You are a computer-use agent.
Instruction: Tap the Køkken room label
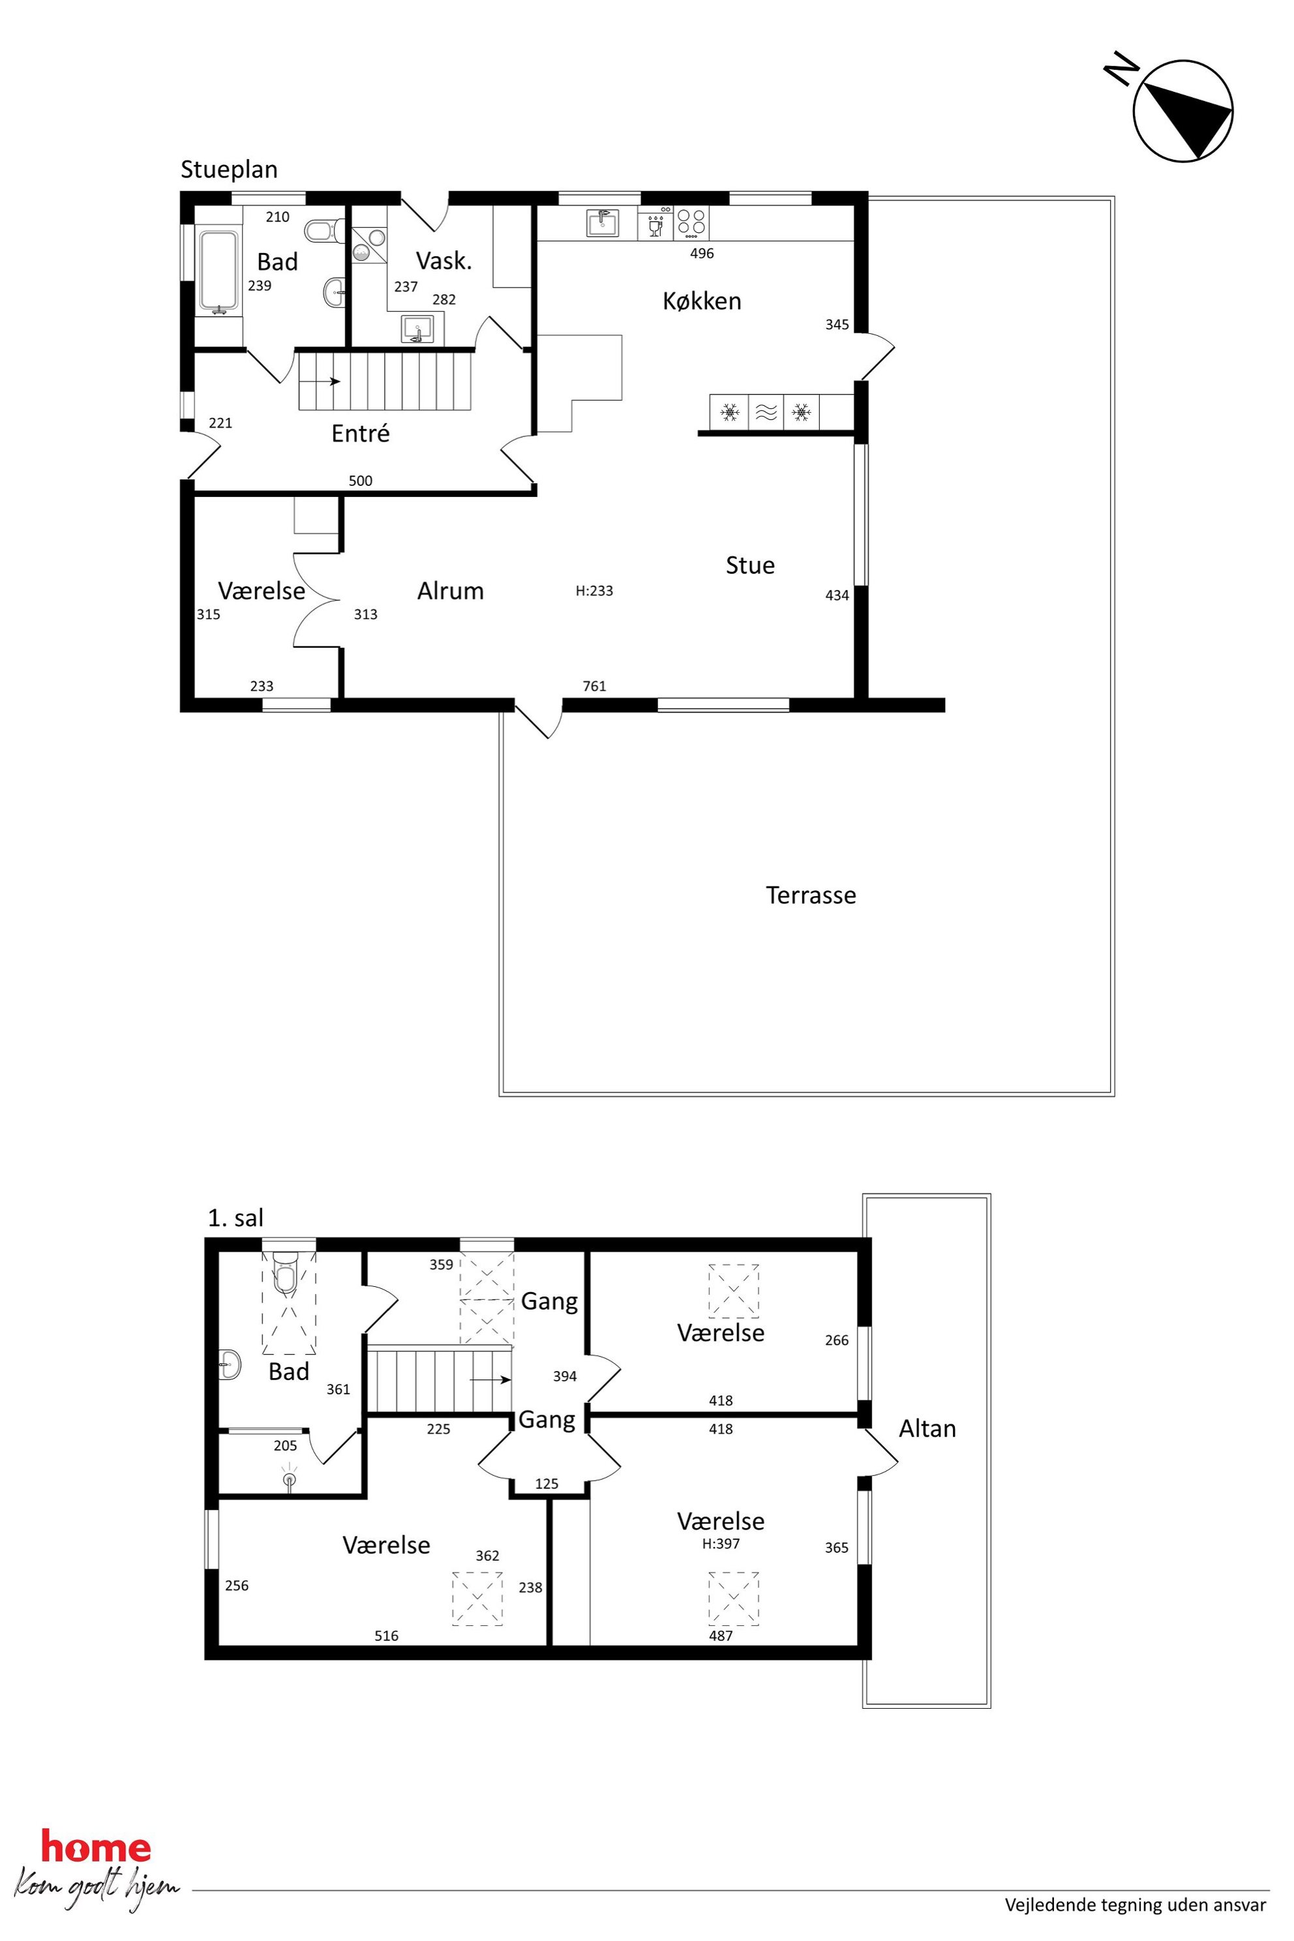[702, 301]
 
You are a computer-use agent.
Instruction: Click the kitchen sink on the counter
[603, 223]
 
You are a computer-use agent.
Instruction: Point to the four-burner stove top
[691, 223]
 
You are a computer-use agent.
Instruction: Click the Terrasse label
[811, 895]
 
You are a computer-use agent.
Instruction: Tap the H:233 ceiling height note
[594, 591]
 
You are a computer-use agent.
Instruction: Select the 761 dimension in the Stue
[594, 685]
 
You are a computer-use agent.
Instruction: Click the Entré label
[360, 433]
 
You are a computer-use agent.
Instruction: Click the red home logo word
[96, 1848]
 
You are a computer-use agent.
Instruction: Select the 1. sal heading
[235, 1219]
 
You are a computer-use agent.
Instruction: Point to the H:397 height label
[721, 1543]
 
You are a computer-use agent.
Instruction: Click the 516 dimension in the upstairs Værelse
[386, 1636]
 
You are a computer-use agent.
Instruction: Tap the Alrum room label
[450, 591]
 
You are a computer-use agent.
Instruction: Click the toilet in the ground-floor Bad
[323, 230]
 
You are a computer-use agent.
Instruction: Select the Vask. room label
[444, 261]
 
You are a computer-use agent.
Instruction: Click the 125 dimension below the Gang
[547, 1484]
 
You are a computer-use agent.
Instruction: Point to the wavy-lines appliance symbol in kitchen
[766, 412]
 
